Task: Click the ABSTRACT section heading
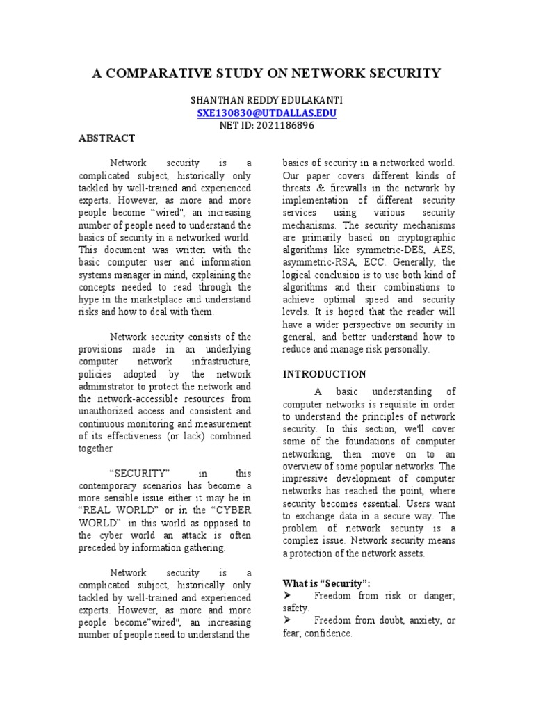106,138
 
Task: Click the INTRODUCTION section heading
324,374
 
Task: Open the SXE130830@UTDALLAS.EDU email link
266,113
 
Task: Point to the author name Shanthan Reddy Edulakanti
266,100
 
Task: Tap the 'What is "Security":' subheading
326,583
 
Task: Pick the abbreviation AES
442,250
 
